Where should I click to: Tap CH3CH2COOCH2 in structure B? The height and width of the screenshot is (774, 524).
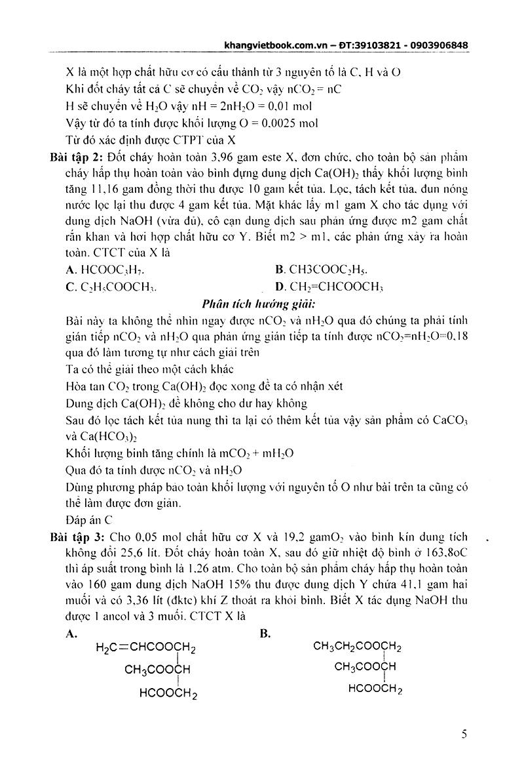[357, 647]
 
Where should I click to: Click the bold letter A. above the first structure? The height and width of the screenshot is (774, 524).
[72, 633]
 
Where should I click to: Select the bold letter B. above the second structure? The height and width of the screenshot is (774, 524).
[265, 633]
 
